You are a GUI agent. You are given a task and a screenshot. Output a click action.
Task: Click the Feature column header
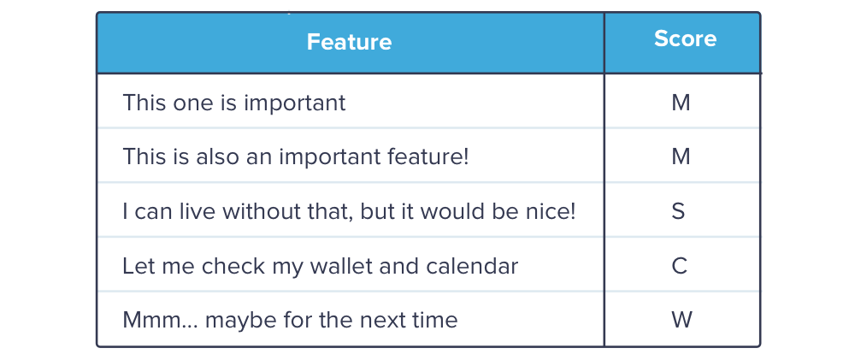coord(349,42)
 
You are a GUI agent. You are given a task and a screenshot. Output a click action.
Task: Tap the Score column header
coord(685,38)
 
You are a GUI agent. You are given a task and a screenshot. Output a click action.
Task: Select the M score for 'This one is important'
coord(681,103)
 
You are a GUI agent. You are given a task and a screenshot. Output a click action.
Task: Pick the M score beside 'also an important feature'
coord(681,156)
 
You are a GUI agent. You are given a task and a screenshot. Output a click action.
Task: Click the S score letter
coord(679,211)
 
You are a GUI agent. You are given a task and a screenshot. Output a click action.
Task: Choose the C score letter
coord(680,266)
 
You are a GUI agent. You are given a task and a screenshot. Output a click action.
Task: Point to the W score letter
coord(681,320)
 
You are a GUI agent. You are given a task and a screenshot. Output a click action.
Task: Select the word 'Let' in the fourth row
coord(137,266)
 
